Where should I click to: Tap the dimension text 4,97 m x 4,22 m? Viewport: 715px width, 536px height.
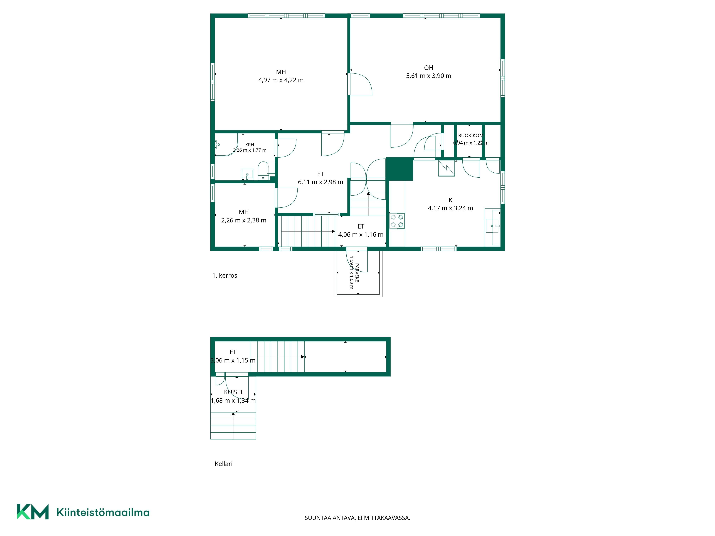[x=281, y=80]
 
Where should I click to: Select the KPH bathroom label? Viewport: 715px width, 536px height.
[x=250, y=145]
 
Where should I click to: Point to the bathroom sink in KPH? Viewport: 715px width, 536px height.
[x=247, y=174]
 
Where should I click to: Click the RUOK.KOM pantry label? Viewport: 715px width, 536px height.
[x=471, y=136]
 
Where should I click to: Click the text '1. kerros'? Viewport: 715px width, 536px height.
[x=225, y=276]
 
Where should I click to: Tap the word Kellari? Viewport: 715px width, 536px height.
[x=224, y=464]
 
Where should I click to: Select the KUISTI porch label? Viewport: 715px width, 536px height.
[x=233, y=392]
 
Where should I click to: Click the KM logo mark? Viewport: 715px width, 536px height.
[x=33, y=512]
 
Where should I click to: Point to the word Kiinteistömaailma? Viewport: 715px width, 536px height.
[x=103, y=512]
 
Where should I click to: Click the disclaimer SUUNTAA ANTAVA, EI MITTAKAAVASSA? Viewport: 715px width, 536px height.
[x=357, y=518]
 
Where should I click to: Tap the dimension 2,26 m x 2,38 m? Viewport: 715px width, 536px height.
[x=244, y=220]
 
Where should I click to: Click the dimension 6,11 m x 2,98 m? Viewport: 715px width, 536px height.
[x=320, y=182]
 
